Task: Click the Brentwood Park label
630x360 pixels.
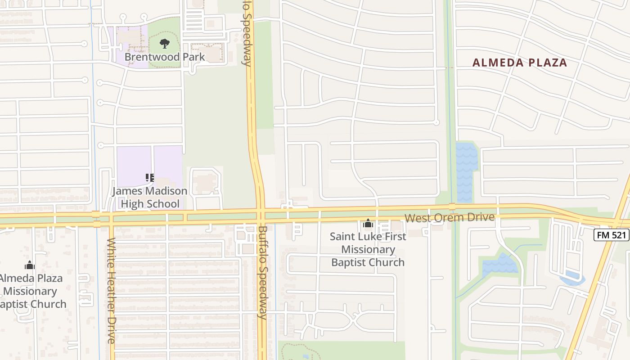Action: [x=165, y=57]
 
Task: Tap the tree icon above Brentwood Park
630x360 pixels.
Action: [x=165, y=44]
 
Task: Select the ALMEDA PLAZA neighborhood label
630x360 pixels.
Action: [x=520, y=63]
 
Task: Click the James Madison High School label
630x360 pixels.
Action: [x=149, y=197]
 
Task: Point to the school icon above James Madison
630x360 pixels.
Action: [x=150, y=178]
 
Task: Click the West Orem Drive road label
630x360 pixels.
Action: [x=450, y=218]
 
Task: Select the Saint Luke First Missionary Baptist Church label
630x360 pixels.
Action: [x=368, y=249]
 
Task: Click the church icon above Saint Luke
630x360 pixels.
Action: [x=368, y=223]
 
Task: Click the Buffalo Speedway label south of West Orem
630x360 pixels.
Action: [x=263, y=272]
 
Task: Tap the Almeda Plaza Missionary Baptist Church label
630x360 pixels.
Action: [x=31, y=291]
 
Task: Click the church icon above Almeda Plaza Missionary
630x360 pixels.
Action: [x=30, y=265]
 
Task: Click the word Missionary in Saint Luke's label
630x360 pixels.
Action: [x=368, y=249]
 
